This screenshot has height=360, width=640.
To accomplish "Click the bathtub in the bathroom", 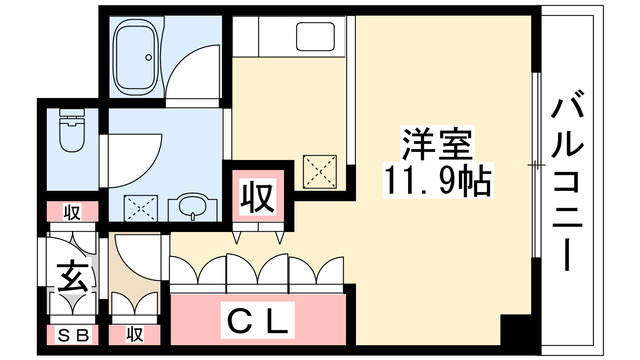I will (x=141, y=58).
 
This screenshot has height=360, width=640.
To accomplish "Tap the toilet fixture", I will (x=72, y=133).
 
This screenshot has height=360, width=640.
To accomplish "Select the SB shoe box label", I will (x=69, y=334).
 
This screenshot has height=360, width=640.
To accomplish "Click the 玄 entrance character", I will (x=70, y=274).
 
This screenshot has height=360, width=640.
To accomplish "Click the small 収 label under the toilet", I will (x=72, y=211).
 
